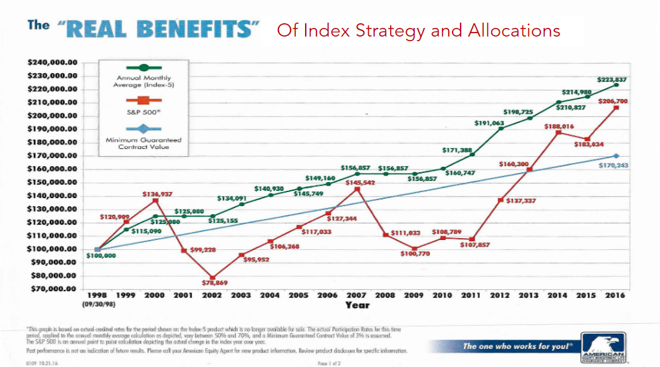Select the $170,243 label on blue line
pos(613,164)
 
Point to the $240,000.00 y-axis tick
pos(53,62)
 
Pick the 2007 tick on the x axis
pos(356,295)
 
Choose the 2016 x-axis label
pos(615,295)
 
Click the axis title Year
pos(357,305)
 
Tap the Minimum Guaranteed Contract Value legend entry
pos(144,143)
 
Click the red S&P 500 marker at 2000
pos(155,200)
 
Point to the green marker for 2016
pos(616,84)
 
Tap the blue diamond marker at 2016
pos(616,156)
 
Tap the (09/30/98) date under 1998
pos(100,304)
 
